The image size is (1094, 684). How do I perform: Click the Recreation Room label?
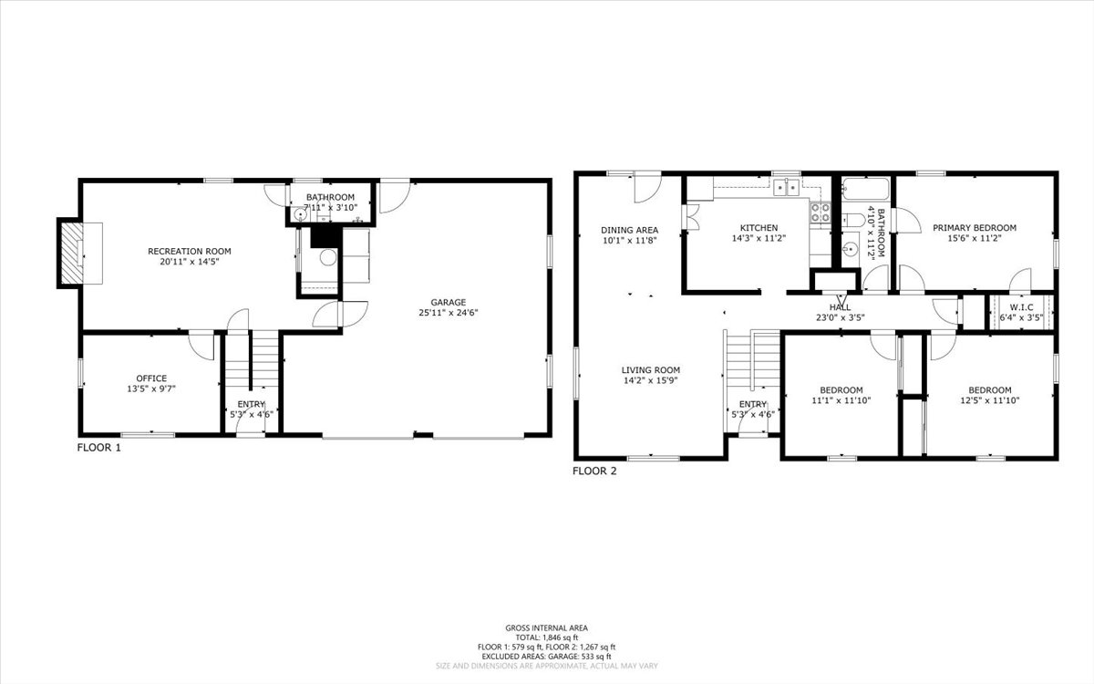[x=190, y=251]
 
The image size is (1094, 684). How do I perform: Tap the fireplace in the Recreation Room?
[x=71, y=252]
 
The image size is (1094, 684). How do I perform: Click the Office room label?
[x=151, y=378]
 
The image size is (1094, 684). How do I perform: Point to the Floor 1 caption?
[x=98, y=448]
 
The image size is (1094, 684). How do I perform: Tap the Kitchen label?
[x=759, y=228]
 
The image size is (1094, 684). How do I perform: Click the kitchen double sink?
[x=786, y=187]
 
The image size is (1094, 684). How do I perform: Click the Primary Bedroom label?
[x=974, y=228]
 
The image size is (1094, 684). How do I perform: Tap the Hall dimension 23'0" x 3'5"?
[x=840, y=318]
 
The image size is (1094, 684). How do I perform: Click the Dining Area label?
[x=629, y=230]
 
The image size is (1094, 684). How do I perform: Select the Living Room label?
[x=649, y=369]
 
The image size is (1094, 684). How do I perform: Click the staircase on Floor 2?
[x=752, y=360]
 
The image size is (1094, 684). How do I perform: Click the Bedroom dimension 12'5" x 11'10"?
[x=989, y=399]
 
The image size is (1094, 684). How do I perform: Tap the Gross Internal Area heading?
[x=547, y=627]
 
